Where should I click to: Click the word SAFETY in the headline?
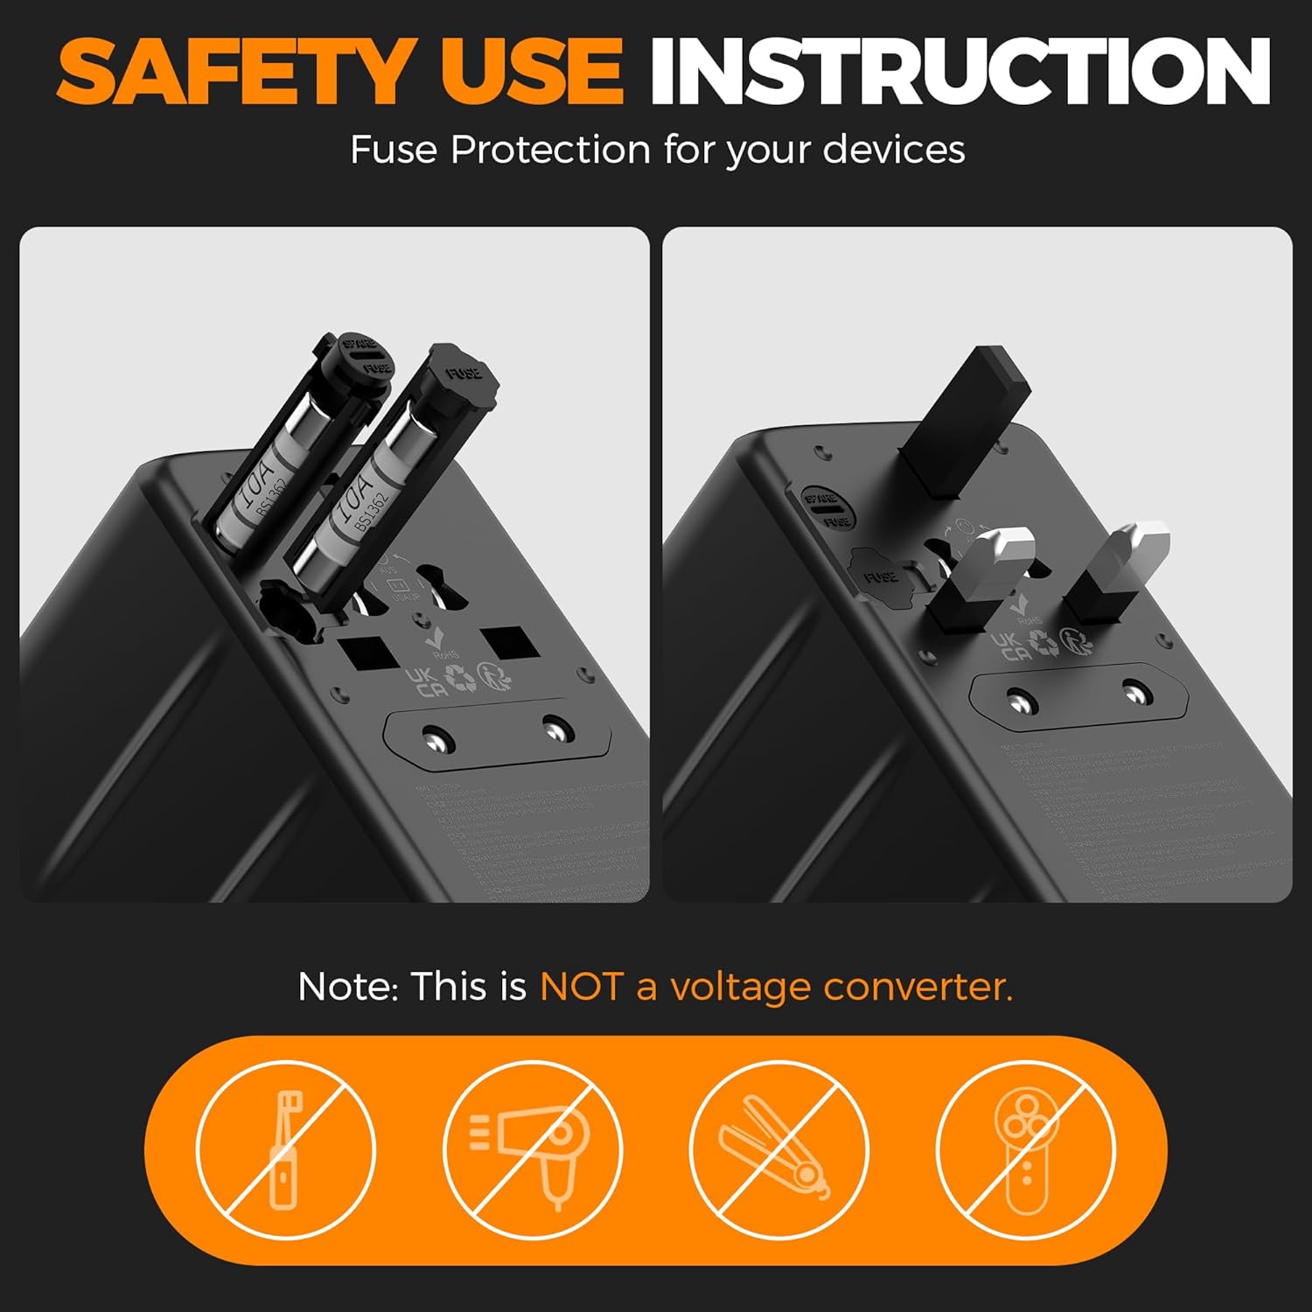pos(234,72)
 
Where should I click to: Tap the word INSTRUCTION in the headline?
pos(960,72)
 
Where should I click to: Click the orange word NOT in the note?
pos(580,987)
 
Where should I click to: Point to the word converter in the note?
pos(918,987)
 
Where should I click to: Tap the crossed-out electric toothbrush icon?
pos(285,1148)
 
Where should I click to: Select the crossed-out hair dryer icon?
pos(532,1148)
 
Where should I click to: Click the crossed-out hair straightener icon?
pos(778,1148)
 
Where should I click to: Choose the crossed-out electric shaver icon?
pos(1025,1148)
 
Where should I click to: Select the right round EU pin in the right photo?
pos(1134,693)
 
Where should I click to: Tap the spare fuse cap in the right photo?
pos(827,508)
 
